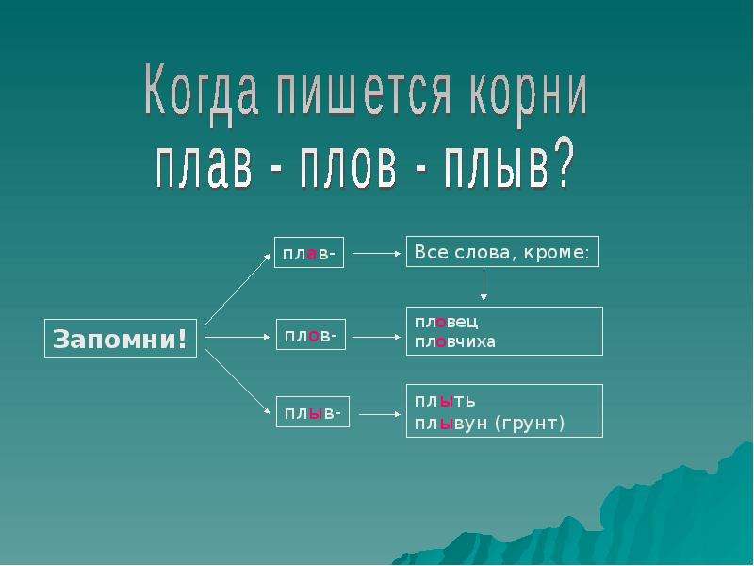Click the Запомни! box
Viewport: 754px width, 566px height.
coord(121,339)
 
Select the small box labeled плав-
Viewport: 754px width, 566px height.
coord(309,252)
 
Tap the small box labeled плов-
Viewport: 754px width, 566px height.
coord(311,335)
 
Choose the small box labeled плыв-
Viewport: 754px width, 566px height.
coord(313,412)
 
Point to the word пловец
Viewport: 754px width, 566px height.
coord(446,322)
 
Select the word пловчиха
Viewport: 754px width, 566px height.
coord(455,341)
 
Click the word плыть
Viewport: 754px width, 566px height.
coord(445,400)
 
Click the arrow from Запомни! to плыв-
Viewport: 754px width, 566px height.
coord(238,381)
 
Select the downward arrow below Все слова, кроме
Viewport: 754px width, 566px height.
coord(484,286)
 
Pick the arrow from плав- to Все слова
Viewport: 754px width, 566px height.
coord(377,253)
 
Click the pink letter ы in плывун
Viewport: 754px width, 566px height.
coord(447,424)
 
